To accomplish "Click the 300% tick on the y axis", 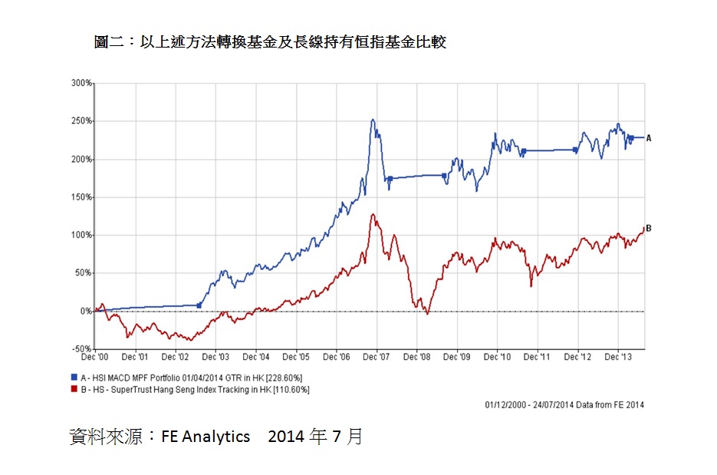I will tap(82, 82).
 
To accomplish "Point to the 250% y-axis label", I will tap(82, 120).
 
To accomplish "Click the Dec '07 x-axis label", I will tap(377, 357).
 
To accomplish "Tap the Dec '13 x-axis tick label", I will tap(618, 357).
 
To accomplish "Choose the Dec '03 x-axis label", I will tap(215, 357).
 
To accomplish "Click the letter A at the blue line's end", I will tap(649, 138).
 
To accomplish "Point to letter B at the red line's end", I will tap(649, 228).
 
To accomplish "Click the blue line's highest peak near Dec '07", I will tap(373, 120).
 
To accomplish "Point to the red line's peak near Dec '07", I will tap(373, 215).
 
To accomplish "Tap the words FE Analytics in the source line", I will tap(206, 437).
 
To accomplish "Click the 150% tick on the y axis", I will tap(82, 197).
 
